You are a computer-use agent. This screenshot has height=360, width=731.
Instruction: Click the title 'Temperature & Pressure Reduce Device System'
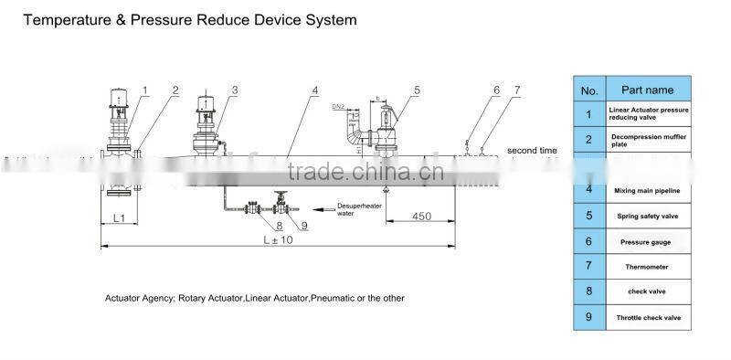(189, 19)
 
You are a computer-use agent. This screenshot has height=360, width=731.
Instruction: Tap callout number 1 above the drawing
(144, 90)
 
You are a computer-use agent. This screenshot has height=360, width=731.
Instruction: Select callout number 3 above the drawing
(235, 90)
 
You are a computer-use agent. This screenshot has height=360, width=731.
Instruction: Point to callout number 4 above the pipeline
(314, 90)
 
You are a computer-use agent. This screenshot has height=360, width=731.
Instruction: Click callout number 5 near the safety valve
(416, 90)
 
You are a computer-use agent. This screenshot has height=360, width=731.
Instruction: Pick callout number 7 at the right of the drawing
(517, 90)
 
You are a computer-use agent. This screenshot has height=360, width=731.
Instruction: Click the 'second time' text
(532, 150)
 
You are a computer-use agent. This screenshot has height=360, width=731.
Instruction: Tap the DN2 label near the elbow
(337, 108)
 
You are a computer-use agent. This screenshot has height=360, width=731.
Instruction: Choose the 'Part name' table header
(647, 90)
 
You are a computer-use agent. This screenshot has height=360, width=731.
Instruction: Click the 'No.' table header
(589, 90)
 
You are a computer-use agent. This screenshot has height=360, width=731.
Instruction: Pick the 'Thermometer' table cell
(647, 267)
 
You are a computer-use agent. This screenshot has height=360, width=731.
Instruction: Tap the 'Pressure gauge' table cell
(647, 241)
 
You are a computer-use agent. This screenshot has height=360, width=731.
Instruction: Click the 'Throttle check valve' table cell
(647, 318)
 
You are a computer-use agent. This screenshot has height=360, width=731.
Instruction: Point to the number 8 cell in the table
(589, 292)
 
